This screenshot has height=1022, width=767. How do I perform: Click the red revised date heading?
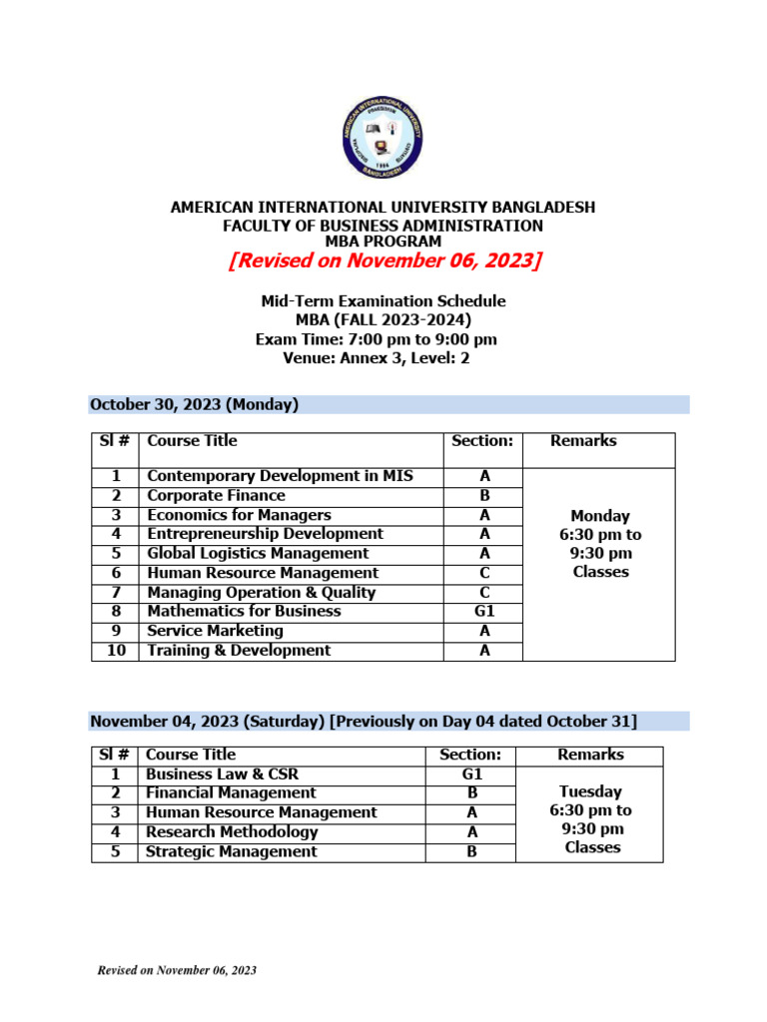pyautogui.click(x=383, y=261)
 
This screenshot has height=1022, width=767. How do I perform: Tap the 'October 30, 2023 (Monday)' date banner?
pyautogui.click(x=195, y=404)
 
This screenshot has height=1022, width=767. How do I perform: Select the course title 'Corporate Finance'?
pyautogui.click(x=216, y=496)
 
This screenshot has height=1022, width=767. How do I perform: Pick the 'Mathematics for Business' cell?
pyautogui.click(x=244, y=611)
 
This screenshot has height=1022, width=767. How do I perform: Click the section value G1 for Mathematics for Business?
pyautogui.click(x=484, y=611)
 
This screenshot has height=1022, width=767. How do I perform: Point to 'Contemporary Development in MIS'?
pyautogui.click(x=280, y=476)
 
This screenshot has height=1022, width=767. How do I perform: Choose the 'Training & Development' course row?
pyautogui.click(x=239, y=650)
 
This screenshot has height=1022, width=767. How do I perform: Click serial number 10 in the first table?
pyautogui.click(x=116, y=650)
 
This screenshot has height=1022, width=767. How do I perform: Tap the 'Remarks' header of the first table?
pyautogui.click(x=583, y=441)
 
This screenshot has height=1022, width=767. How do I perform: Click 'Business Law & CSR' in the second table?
pyautogui.click(x=222, y=773)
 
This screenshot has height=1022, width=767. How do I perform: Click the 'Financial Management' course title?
pyautogui.click(x=231, y=792)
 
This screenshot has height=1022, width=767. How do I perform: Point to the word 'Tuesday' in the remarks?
pyautogui.click(x=592, y=791)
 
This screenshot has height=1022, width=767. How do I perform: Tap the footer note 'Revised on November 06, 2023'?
pyautogui.click(x=176, y=971)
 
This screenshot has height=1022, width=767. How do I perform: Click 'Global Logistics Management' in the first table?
pyautogui.click(x=258, y=553)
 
